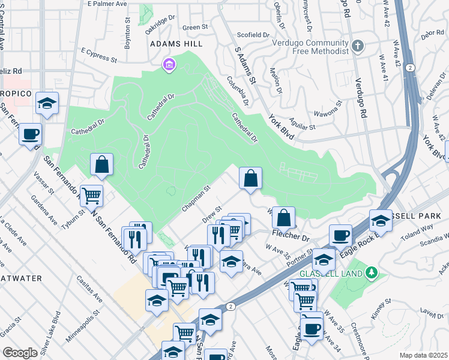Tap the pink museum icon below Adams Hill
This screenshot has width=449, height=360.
point(169,64)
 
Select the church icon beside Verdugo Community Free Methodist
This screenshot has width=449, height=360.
point(358,46)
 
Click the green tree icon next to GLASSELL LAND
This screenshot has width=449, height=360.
point(372,273)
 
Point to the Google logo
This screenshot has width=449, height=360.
point(20,353)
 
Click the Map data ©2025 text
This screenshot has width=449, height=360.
point(423,355)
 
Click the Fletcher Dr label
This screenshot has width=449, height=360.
point(291,238)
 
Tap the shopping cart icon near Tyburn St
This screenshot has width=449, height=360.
point(92,194)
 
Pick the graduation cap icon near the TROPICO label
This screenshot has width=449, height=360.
point(47,102)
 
